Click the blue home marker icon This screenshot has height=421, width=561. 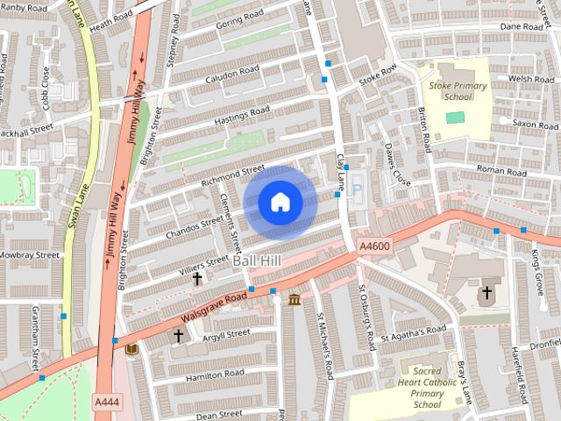[280, 203]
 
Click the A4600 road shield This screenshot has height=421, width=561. [373, 250]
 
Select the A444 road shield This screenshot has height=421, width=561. [106, 401]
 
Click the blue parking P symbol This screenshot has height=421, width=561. [357, 188]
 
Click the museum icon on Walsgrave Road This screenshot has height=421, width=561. [295, 301]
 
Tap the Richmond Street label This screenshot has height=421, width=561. [231, 175]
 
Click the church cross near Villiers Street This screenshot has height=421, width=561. [197, 280]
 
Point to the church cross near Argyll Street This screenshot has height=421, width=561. [179, 335]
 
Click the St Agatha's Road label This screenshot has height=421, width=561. [413, 332]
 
